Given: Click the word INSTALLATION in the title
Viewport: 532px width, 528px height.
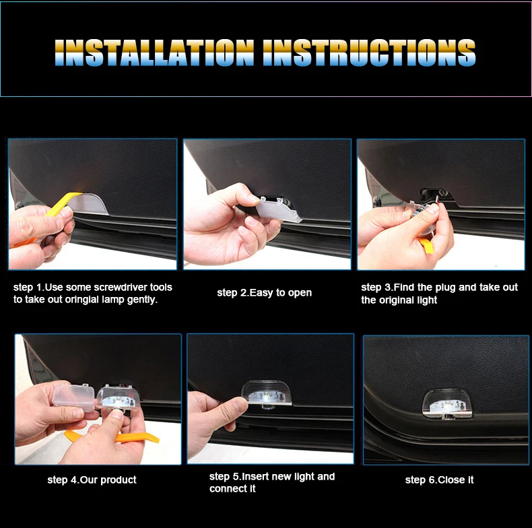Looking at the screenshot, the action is tap(154, 53).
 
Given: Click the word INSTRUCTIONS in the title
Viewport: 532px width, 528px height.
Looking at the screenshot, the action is tap(369, 53).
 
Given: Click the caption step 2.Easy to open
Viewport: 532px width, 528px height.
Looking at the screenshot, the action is tap(264, 293).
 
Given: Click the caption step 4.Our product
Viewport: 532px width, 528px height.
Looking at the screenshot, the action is tap(92, 480).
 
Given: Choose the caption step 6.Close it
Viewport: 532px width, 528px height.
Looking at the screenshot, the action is tap(439, 480).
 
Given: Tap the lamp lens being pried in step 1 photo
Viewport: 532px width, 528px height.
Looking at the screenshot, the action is tap(88, 204).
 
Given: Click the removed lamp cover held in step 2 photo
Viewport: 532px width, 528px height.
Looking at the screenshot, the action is tap(278, 209).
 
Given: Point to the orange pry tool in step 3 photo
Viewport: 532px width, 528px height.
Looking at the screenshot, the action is tap(426, 246).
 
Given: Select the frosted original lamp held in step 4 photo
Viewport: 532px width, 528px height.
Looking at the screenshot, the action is tap(74, 397).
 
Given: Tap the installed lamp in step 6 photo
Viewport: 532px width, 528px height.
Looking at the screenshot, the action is tap(447, 404).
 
